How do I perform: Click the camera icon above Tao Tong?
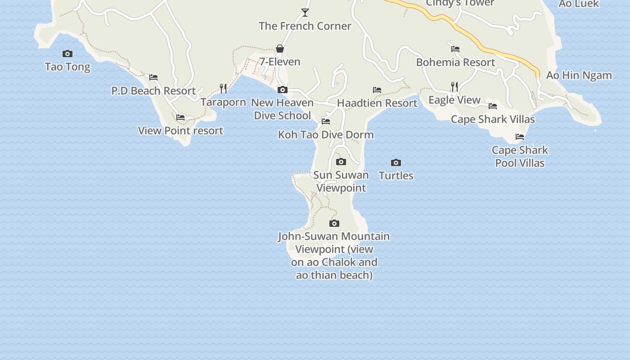coord(67,54)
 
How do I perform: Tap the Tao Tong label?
coord(67,67)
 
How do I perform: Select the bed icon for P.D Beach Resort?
coord(153,77)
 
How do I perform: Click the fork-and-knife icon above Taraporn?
coord(223,88)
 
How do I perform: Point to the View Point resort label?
coord(180,131)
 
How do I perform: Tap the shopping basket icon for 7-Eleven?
coord(280,49)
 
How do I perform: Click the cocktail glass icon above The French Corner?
coord(305,13)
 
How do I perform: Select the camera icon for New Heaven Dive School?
coord(282,90)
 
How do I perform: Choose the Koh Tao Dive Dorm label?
coord(326,135)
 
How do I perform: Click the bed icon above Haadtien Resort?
coord(377,90)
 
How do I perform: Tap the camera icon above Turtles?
coord(396,162)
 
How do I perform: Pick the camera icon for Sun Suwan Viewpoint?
coord(341,162)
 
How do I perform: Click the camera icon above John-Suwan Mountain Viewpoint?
coord(334,223)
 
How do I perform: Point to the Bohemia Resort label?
coord(455,62)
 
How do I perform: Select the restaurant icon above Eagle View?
coord(454,86)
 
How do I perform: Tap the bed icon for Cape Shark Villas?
coord(493,106)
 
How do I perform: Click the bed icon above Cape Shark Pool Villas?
coord(520,137)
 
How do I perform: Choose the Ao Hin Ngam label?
coord(579,75)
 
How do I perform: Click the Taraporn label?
coord(223,102)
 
